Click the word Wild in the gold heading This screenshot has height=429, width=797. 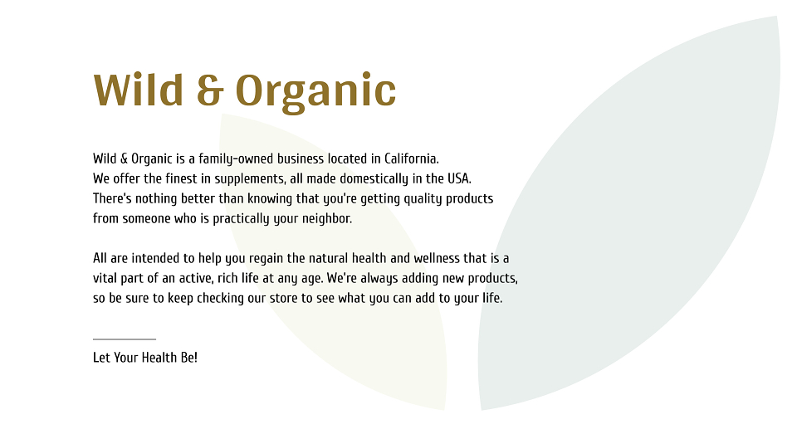(139, 90)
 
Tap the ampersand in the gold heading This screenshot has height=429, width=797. (210, 90)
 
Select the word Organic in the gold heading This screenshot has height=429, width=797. (315, 93)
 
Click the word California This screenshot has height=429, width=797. (411, 158)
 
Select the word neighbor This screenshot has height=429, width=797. (327, 218)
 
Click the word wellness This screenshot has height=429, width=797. (437, 258)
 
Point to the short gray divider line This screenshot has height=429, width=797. (125, 339)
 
